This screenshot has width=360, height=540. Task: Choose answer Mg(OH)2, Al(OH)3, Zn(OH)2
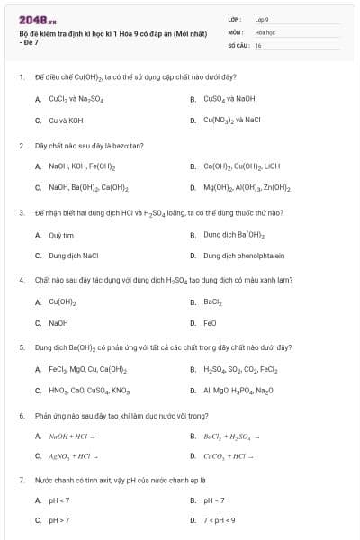click(x=247, y=188)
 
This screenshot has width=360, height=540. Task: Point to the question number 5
click(x=21, y=346)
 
